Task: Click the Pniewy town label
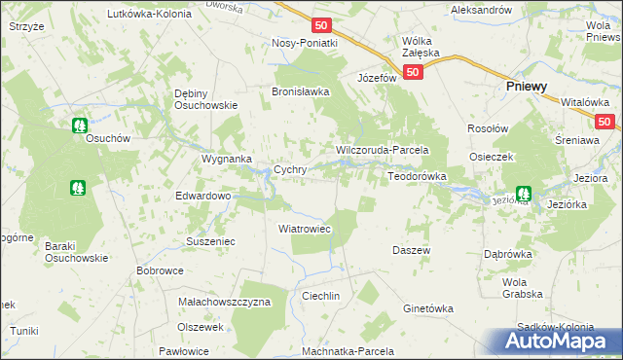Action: tap(527, 87)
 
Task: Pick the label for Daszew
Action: tap(412, 250)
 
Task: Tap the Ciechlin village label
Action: tap(320, 296)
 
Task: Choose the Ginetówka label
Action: tap(428, 308)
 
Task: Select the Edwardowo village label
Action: tap(202, 196)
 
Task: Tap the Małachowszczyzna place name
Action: tap(225, 303)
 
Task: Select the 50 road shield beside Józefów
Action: tap(414, 72)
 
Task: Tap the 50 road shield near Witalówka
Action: tap(605, 122)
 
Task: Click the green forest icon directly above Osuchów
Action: tap(80, 125)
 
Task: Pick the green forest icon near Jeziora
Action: tap(524, 193)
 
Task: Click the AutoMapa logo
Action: tap(557, 342)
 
